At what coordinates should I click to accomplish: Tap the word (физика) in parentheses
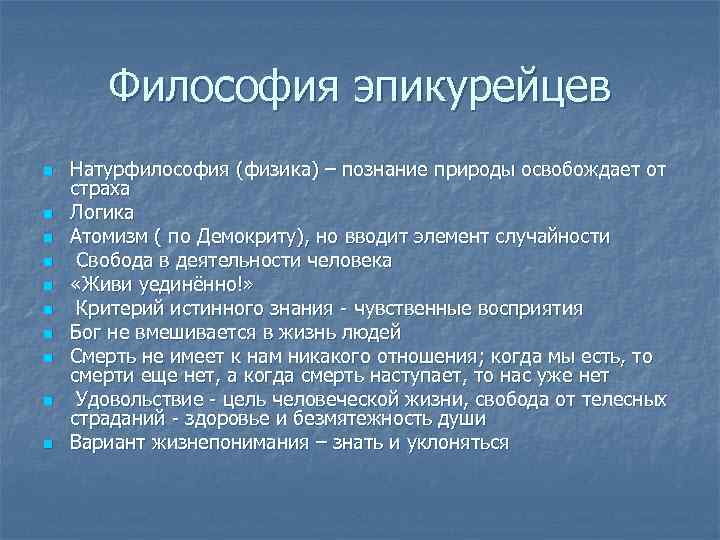[x=274, y=168]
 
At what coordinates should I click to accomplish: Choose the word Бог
[x=84, y=332]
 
